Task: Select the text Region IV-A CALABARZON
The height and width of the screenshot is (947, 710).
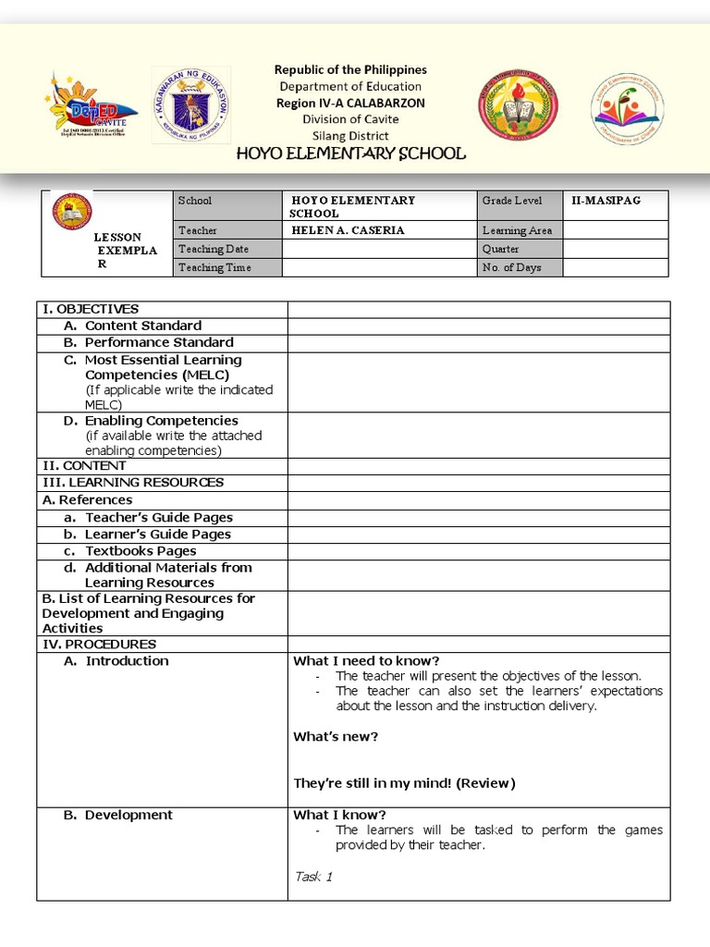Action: [350, 103]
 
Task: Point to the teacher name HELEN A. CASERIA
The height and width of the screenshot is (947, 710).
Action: [337, 230]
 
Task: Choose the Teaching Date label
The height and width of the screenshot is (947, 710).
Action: [214, 249]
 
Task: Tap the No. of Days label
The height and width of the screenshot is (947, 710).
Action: [511, 267]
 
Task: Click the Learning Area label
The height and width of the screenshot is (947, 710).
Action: [517, 230]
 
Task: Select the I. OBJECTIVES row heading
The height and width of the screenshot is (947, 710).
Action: [91, 309]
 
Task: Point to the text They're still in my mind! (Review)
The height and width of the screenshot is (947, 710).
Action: [404, 783]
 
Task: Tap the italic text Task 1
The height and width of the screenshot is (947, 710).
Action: [314, 877]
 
